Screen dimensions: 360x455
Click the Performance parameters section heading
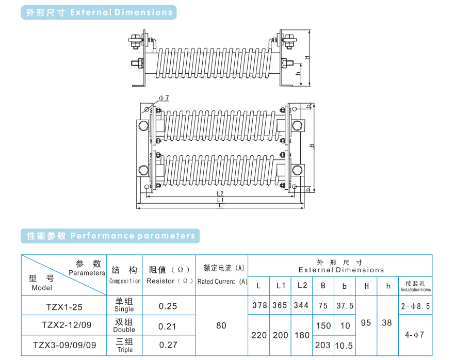(x=111, y=236)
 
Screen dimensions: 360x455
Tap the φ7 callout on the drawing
(x=164, y=97)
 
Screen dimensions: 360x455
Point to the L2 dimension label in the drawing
(x=220, y=193)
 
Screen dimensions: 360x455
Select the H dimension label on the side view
(x=306, y=57)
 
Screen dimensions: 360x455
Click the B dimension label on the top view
(x=312, y=146)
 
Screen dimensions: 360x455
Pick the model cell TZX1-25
(x=64, y=307)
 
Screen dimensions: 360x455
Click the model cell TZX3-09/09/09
(x=64, y=345)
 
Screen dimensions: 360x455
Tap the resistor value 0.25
(x=168, y=306)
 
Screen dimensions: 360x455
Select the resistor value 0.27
(x=168, y=345)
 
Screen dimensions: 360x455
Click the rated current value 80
(x=221, y=325)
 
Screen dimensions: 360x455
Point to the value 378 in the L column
(x=259, y=305)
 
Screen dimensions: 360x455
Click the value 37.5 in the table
(x=345, y=305)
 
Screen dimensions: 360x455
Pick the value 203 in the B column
(x=323, y=345)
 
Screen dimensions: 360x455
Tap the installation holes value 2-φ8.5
(x=416, y=306)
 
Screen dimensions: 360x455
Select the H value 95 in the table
(x=366, y=323)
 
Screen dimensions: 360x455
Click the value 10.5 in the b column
(x=344, y=345)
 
